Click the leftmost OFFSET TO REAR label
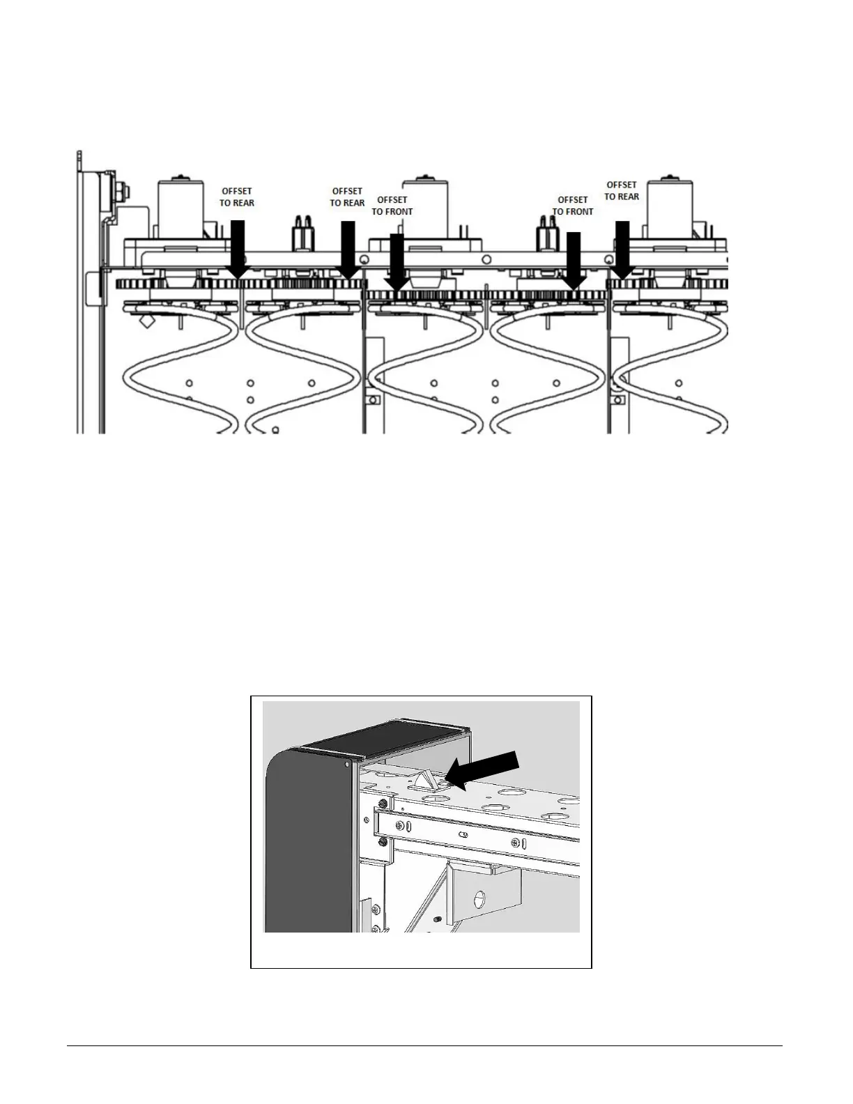[x=237, y=197]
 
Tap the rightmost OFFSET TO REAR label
[x=622, y=190]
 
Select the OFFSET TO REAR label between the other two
[x=347, y=197]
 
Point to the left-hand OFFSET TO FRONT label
[x=392, y=206]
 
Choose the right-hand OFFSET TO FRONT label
[x=573, y=206]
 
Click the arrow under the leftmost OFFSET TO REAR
[x=238, y=250]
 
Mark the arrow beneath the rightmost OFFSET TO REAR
[x=622, y=250]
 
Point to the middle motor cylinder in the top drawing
[x=426, y=208]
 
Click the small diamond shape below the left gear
[x=147, y=321]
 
